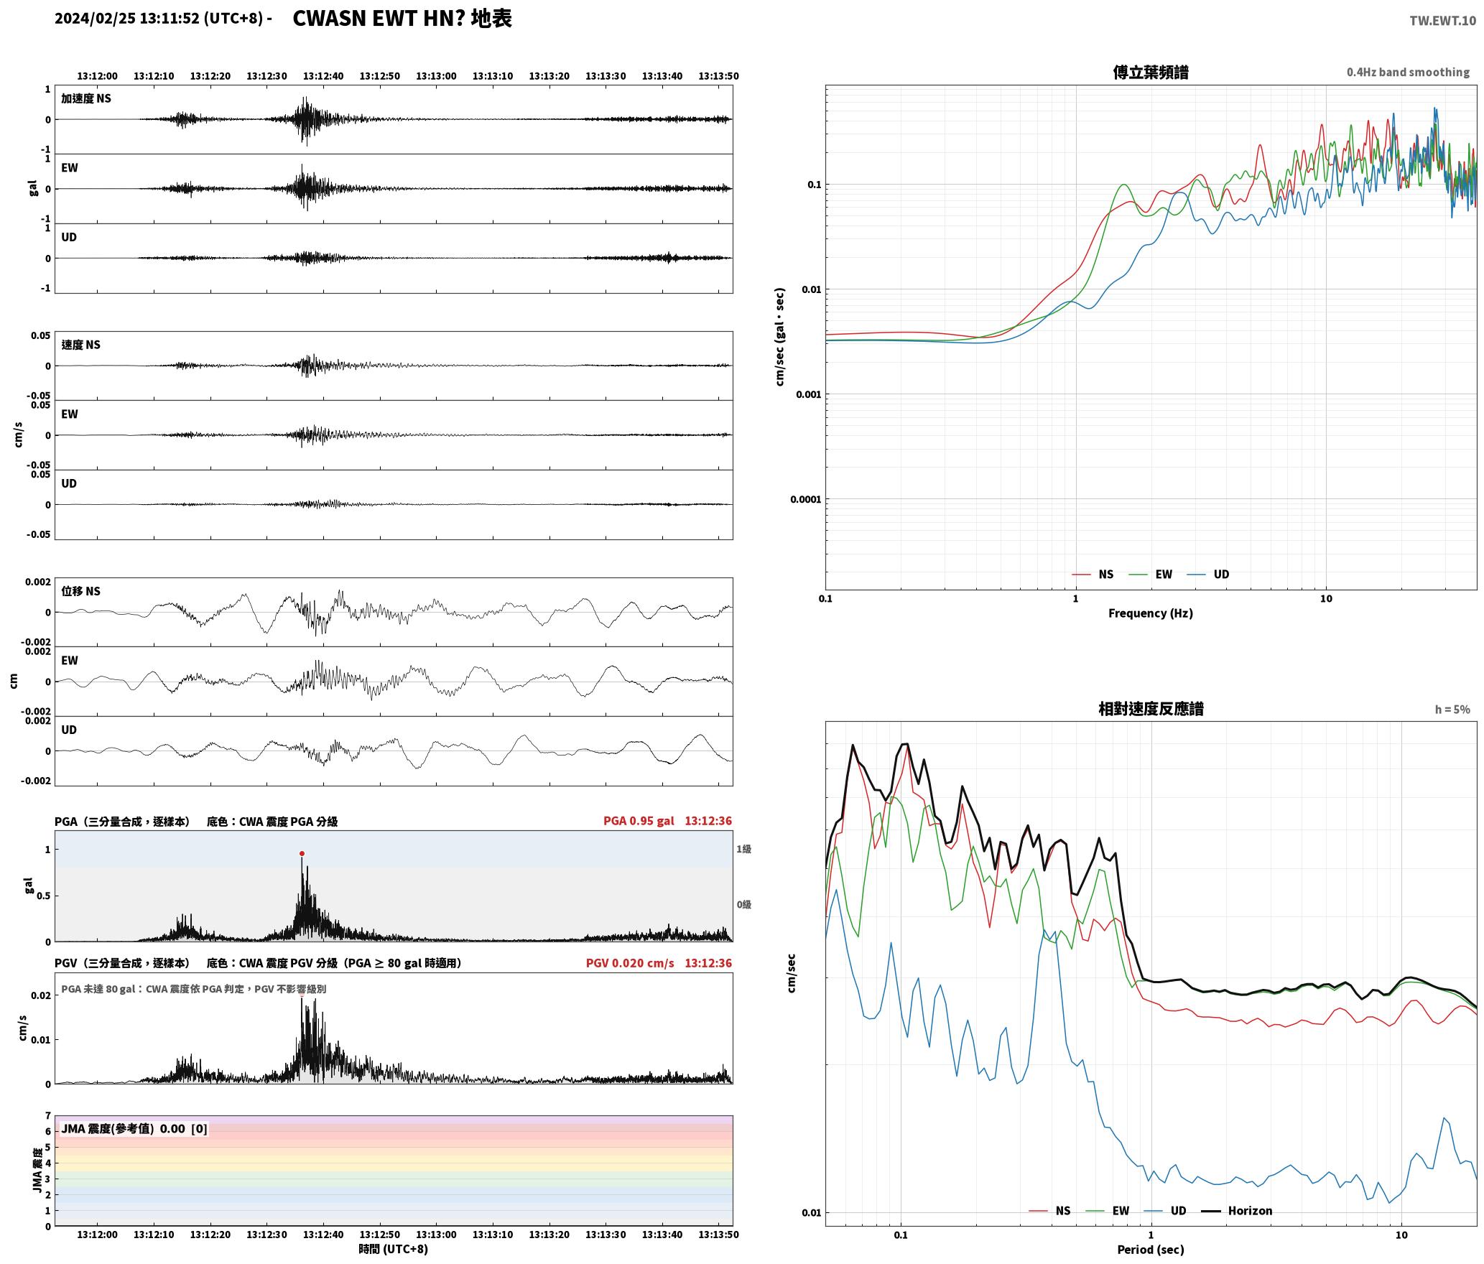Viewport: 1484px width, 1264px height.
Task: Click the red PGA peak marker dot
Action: [302, 854]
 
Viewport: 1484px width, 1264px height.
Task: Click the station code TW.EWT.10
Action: [1442, 21]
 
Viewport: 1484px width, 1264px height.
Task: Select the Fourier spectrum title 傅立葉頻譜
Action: [1151, 72]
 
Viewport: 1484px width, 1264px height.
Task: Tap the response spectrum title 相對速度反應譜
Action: [1151, 709]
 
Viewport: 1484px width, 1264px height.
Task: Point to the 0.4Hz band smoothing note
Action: [1408, 72]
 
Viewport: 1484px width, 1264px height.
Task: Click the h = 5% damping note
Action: [1452, 710]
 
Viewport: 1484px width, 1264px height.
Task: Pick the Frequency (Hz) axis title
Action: [1151, 613]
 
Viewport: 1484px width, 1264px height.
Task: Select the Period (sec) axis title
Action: [1151, 1249]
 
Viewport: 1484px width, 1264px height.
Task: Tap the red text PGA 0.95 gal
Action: [639, 821]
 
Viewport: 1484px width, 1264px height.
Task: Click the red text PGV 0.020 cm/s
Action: [630, 963]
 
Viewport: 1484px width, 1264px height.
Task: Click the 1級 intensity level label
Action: [743, 849]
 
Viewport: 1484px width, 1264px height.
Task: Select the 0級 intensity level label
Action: [743, 904]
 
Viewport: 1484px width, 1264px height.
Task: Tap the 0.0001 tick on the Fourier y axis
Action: [805, 499]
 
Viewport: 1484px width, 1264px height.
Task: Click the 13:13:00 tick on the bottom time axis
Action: [436, 1235]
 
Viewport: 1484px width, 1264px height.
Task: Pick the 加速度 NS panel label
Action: [86, 98]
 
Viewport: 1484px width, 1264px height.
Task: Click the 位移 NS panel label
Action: [80, 591]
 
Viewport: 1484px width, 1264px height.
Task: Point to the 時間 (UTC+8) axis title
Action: [394, 1249]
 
